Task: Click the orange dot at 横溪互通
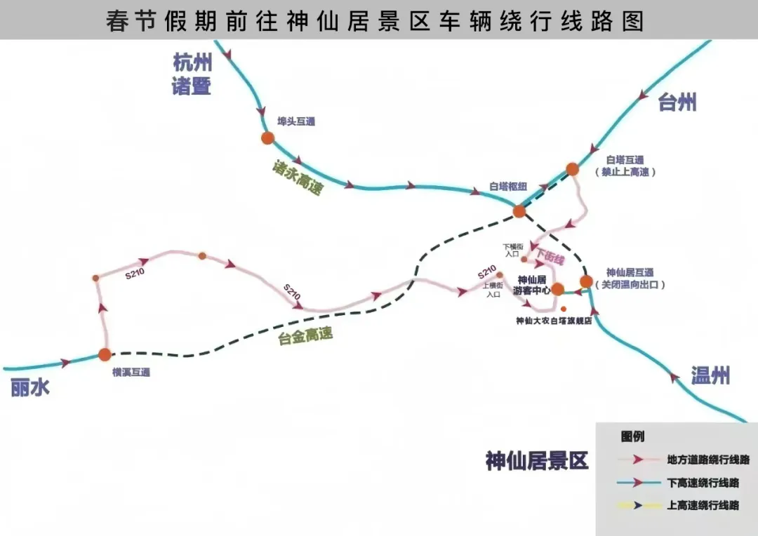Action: pos(105,354)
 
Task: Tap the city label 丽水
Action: pos(30,387)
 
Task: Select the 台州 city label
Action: pos(677,102)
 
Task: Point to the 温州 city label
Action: pos(710,375)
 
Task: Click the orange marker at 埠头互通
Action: pos(267,138)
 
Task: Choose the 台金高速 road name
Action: pos(305,337)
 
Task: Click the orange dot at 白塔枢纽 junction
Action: pos(519,210)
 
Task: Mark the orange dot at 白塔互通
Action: pos(572,169)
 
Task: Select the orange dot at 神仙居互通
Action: pos(586,282)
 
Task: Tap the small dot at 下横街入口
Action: pos(524,260)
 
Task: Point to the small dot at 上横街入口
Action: pos(500,275)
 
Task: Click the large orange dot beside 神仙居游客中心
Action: pos(557,289)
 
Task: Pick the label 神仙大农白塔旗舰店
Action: pos(554,321)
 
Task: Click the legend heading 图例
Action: pos(632,436)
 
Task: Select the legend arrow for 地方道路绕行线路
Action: pos(639,460)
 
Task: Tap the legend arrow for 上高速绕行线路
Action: pos(639,505)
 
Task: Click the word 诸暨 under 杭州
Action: pos(192,86)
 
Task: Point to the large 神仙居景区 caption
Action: pos(537,461)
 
